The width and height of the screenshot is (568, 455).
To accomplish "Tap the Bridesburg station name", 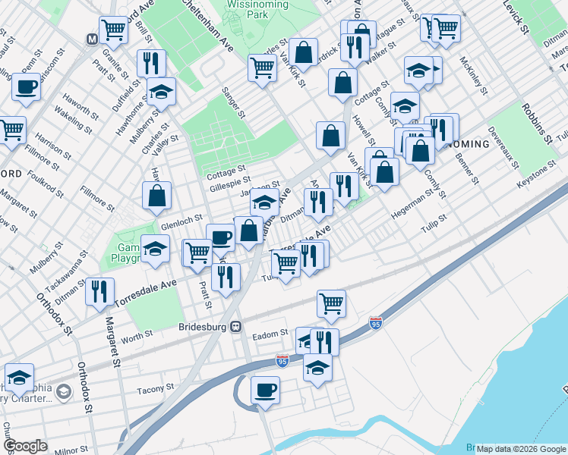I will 204,327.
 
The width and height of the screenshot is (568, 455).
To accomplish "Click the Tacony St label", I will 156,389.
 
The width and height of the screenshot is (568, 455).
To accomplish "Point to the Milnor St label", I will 72,450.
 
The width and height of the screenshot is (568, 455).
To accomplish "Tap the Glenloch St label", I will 179,225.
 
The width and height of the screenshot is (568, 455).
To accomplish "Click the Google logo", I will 25,446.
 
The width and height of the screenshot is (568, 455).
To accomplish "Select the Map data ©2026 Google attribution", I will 522,449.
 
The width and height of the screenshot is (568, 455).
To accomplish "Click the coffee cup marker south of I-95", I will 265,390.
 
